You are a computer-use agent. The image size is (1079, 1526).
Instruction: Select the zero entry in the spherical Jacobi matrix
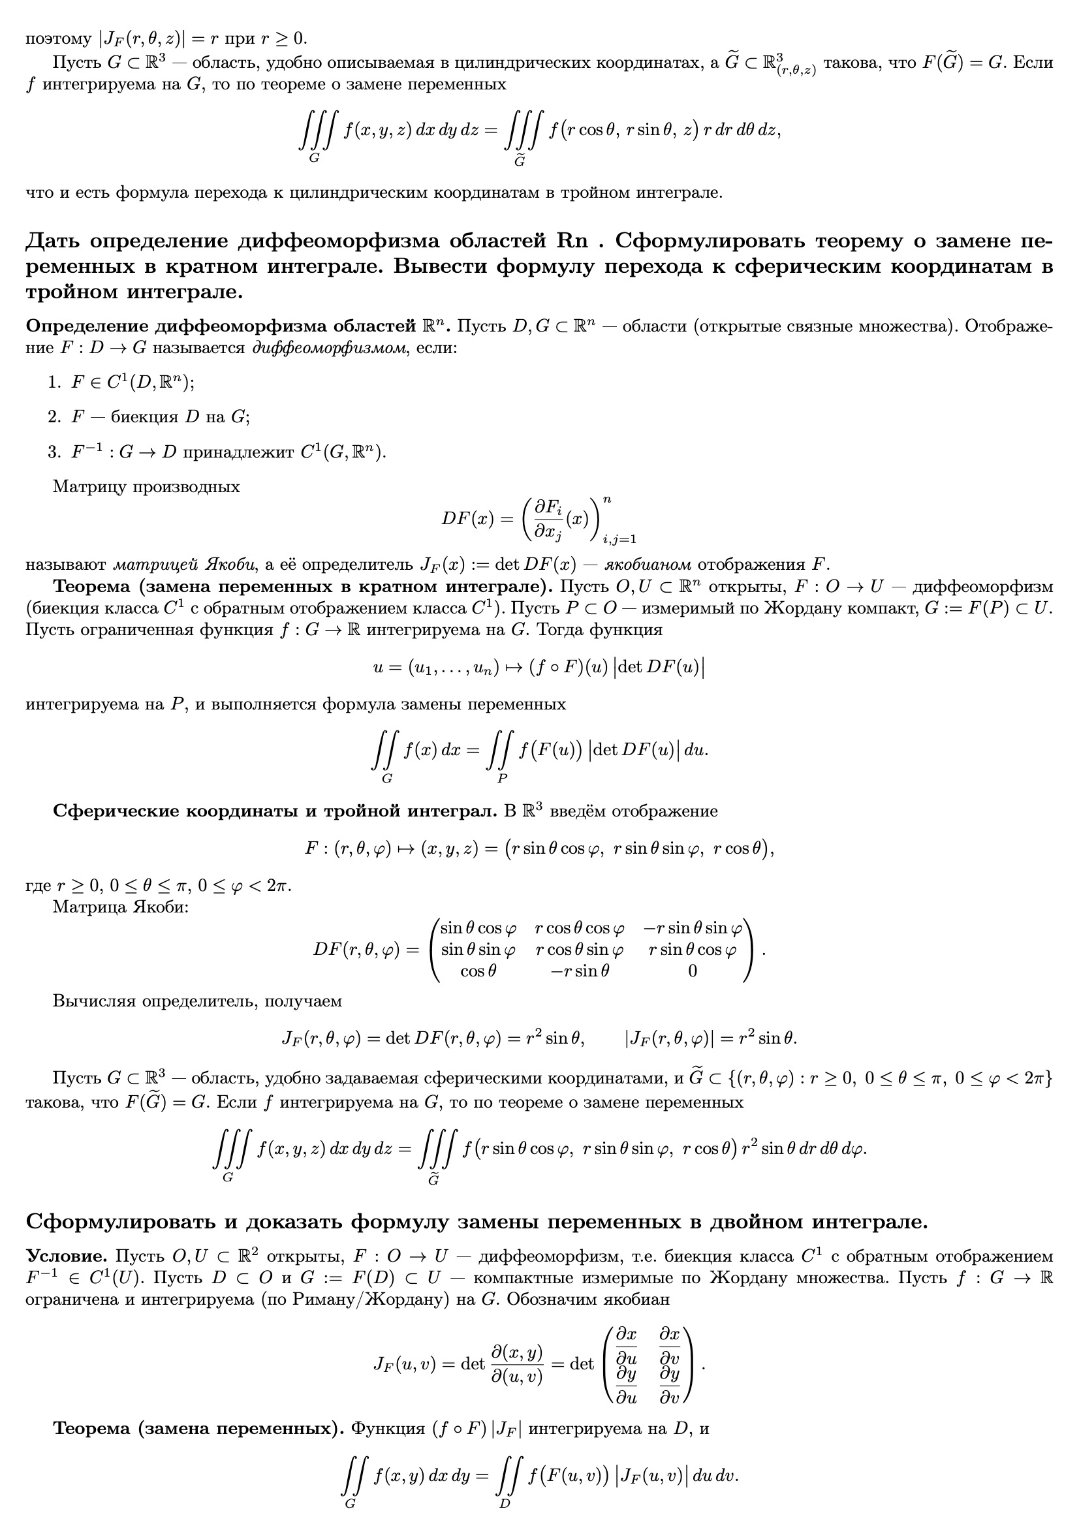(692, 971)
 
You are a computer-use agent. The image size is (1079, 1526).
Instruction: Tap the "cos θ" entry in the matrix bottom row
(478, 971)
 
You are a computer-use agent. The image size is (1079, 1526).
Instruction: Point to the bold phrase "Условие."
(67, 1256)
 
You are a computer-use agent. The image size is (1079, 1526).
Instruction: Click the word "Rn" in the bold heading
(572, 241)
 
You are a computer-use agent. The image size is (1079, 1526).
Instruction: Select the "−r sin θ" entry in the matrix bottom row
(579, 971)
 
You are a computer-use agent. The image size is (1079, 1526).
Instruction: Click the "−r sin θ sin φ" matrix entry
(692, 928)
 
